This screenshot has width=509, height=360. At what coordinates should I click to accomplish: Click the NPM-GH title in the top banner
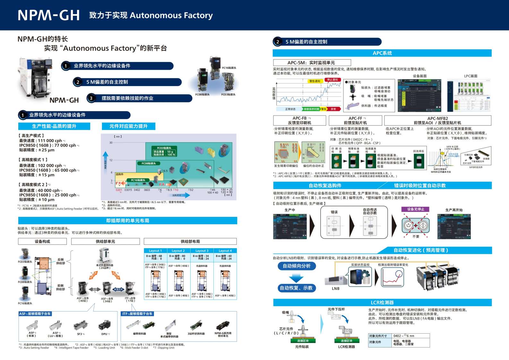(49, 15)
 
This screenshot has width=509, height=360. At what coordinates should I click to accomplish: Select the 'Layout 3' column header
(202, 250)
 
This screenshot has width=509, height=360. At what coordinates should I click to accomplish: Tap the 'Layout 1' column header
(155, 250)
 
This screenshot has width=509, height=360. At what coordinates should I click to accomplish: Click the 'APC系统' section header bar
(382, 53)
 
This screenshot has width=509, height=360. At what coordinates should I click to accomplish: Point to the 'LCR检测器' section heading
(382, 303)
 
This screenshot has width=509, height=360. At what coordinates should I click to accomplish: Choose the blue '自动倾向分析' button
(297, 266)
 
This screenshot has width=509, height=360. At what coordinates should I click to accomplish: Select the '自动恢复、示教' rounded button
(296, 288)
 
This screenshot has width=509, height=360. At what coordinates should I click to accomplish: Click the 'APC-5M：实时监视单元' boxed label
(312, 63)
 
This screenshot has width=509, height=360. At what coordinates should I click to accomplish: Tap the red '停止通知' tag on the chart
(332, 80)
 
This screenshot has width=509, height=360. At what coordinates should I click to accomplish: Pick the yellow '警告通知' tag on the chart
(315, 81)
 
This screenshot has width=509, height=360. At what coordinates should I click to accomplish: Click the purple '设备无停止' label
(416, 209)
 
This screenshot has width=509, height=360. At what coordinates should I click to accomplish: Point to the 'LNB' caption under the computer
(336, 288)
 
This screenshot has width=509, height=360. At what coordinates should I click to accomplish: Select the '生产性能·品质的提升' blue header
(54, 126)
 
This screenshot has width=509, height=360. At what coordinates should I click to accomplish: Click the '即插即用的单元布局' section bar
(127, 221)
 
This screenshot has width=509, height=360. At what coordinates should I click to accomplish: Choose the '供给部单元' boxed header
(105, 241)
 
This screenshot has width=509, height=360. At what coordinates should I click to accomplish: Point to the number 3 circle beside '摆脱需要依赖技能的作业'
(91, 98)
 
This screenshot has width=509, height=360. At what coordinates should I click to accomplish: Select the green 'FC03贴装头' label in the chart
(164, 148)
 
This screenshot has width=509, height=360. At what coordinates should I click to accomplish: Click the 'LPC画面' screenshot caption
(470, 76)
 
